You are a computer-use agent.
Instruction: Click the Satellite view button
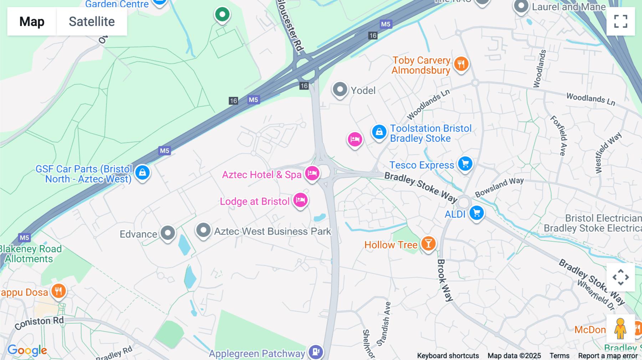[92, 21]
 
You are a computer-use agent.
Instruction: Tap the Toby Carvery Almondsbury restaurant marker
[461, 64]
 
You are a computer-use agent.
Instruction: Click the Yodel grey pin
[340, 89]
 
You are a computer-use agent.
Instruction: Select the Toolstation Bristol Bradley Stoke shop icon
[379, 132]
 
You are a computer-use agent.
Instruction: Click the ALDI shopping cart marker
[477, 213]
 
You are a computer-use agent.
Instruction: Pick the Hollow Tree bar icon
[428, 244]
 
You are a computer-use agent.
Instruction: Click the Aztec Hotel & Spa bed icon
[312, 174]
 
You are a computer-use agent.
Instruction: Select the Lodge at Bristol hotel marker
[300, 200]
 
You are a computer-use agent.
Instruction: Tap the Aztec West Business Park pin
[203, 230]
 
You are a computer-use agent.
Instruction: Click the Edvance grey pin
[168, 233]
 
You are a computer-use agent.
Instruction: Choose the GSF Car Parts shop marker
[142, 173]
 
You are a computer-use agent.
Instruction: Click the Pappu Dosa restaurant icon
[58, 291]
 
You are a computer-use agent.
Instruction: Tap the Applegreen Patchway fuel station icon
[316, 352]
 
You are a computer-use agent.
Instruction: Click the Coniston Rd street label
[39, 323]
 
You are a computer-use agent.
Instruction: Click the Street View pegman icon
[620, 329]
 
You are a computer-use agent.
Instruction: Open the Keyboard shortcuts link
[448, 356]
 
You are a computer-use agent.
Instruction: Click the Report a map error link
[608, 356]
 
